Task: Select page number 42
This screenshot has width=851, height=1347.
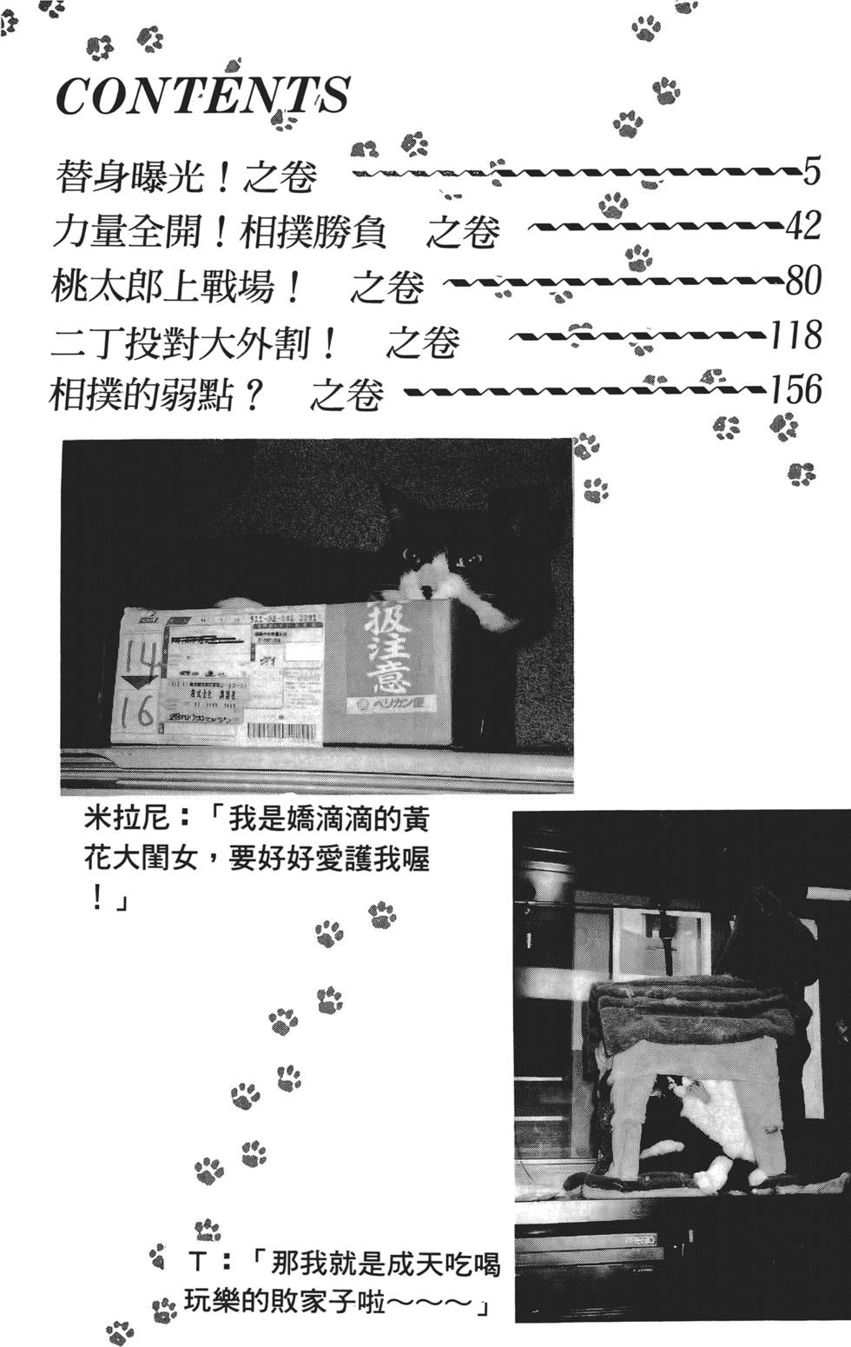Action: click(x=803, y=225)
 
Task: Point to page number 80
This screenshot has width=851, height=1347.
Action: click(x=802, y=280)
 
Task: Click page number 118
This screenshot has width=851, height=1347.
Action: click(x=795, y=334)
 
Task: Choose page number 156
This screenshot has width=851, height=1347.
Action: click(x=795, y=388)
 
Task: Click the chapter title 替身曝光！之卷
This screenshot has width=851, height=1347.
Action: click(x=185, y=176)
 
